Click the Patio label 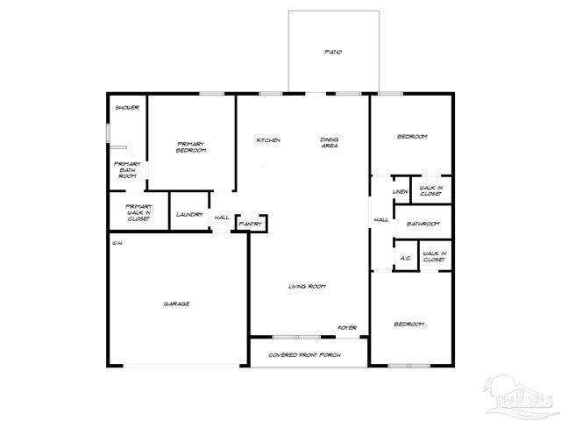click(x=332, y=53)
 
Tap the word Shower click(x=127, y=108)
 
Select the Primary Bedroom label click(x=191, y=147)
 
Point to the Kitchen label click(x=267, y=140)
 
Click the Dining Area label click(x=330, y=143)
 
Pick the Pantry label click(x=249, y=225)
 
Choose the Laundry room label click(x=189, y=215)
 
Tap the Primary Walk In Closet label click(x=127, y=212)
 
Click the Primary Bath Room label click(x=127, y=169)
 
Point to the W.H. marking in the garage click(x=116, y=243)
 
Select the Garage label click(x=176, y=304)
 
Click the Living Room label click(x=308, y=287)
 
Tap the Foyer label click(x=348, y=328)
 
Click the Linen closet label click(x=401, y=191)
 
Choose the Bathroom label click(x=423, y=224)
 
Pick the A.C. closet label click(x=406, y=258)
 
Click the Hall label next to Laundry click(x=222, y=218)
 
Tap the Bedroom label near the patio click(x=412, y=137)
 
